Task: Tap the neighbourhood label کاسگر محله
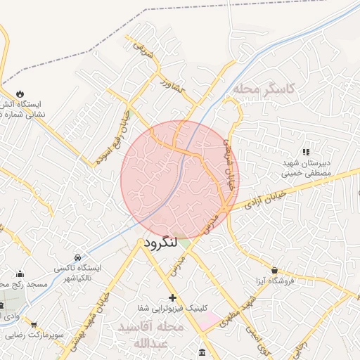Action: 265,89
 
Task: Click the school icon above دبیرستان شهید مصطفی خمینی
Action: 305,151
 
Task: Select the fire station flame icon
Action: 20,94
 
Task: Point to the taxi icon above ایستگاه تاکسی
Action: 77,257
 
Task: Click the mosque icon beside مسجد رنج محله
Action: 20,274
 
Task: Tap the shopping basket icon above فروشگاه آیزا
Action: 274,270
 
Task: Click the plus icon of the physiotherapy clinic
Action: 172,297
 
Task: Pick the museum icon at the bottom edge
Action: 202,352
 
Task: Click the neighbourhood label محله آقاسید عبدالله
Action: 160,335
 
